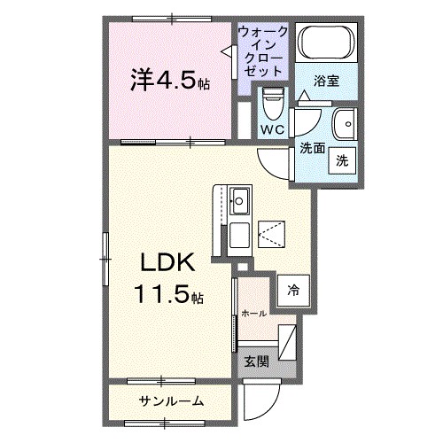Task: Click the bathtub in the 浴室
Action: pos(324,43)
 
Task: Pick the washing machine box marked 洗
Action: pos(341,160)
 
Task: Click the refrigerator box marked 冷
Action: pos(292,288)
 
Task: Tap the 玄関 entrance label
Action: pos(257,361)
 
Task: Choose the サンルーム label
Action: pos(171,401)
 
